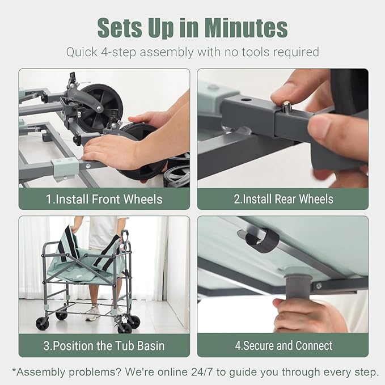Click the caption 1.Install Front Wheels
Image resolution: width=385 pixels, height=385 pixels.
click(104, 199)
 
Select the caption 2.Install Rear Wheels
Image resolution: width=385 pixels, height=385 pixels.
click(284, 199)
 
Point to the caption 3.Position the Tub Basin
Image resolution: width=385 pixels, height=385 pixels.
click(104, 346)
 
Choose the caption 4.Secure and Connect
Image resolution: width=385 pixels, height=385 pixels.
click(284, 345)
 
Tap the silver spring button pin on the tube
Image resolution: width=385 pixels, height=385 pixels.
click(286, 107)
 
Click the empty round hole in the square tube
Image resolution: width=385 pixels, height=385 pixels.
click(246, 100)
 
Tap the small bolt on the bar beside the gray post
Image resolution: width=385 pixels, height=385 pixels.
click(319, 286)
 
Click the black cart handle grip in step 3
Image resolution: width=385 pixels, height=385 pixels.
click(125, 236)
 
